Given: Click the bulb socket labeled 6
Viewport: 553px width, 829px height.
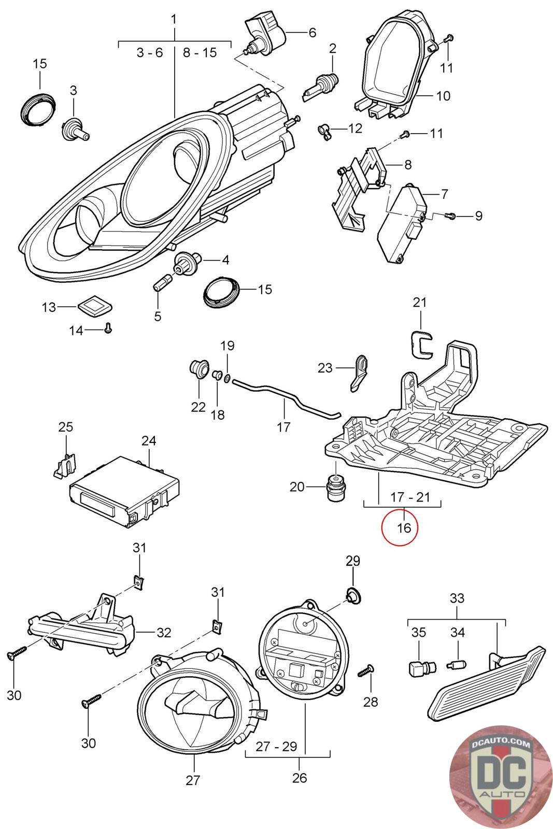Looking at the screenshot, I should tap(267, 34).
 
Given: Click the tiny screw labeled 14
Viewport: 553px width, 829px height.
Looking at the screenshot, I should tap(108, 327).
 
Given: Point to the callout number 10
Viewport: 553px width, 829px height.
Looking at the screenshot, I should tap(443, 96).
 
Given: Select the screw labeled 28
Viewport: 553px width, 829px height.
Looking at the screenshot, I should tap(366, 670).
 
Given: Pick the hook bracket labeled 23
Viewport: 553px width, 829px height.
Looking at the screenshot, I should tap(360, 373).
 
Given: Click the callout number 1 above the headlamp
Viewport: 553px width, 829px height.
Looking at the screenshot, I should tap(174, 20).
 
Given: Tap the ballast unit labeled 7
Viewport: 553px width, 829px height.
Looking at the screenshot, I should tap(402, 225).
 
